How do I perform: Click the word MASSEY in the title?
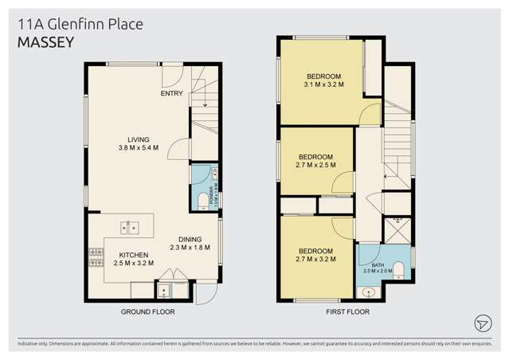point(45,43)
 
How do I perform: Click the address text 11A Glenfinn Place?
point(80,25)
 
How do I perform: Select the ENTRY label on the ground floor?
point(171,94)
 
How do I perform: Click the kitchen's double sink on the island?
point(130,228)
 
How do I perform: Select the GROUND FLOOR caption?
point(147,312)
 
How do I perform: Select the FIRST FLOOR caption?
point(347,312)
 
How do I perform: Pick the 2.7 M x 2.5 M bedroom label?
point(315,161)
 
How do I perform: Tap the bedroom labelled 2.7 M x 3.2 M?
point(315,254)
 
